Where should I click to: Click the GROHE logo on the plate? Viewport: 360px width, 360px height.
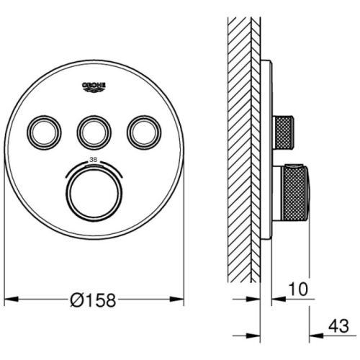pos(94,87)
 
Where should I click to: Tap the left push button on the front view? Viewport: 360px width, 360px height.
pos(44,132)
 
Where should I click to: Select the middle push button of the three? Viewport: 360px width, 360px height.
pos(94,132)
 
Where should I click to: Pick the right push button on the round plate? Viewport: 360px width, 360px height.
pos(144,132)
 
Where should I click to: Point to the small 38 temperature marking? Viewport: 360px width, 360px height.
pos(93,160)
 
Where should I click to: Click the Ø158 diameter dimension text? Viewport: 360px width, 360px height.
pos(93,300)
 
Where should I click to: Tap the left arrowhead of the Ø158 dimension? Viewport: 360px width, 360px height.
pos(12,300)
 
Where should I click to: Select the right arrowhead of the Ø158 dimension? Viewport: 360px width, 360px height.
pos(177,300)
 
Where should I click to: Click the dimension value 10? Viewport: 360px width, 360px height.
pos(298,289)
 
